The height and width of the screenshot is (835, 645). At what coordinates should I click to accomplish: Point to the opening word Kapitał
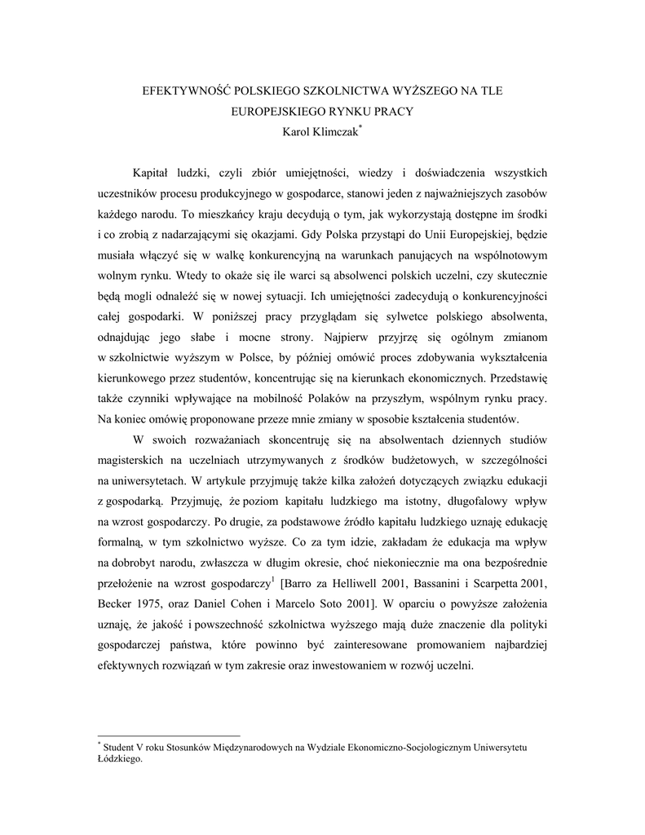coord(153,173)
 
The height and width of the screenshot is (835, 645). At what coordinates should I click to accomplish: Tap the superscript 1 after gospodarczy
coord(272,581)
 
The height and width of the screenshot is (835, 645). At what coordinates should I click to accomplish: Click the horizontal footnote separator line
coord(169,736)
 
